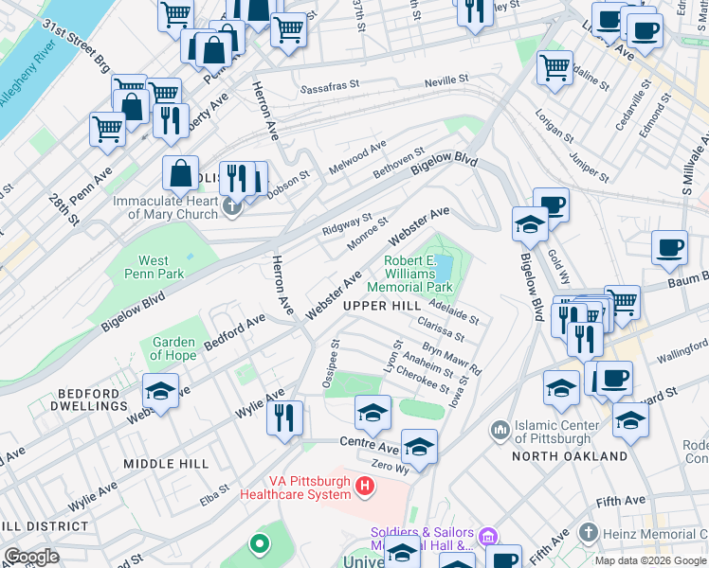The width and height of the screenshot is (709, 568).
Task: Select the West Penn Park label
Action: (x=154, y=267)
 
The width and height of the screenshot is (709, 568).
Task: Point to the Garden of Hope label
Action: (x=173, y=349)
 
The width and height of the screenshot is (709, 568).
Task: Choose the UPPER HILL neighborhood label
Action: (x=381, y=306)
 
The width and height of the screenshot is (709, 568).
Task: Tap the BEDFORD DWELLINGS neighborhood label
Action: (x=65, y=399)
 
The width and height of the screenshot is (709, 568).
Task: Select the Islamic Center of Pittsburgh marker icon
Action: (x=500, y=432)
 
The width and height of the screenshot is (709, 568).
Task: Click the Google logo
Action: (x=31, y=557)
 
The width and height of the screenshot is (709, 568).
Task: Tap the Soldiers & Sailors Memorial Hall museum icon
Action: (x=489, y=538)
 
